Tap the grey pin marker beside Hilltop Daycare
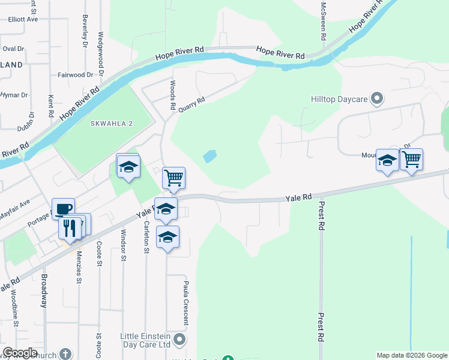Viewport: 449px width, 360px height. click(x=377, y=98)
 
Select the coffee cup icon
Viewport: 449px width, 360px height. click(x=64, y=209)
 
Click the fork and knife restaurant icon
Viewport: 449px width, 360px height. click(x=70, y=228)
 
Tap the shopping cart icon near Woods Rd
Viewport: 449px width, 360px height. click(x=173, y=178)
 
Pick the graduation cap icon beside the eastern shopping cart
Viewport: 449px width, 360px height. click(x=388, y=161)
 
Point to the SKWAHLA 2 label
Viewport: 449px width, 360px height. click(x=110, y=124)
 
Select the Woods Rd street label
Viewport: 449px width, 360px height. click(x=172, y=95)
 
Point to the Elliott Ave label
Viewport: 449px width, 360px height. click(x=23, y=19)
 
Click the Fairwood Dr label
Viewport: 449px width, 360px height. click(x=76, y=75)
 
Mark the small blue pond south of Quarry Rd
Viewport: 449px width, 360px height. click(x=209, y=156)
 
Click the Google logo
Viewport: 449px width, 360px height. click(x=20, y=353)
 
